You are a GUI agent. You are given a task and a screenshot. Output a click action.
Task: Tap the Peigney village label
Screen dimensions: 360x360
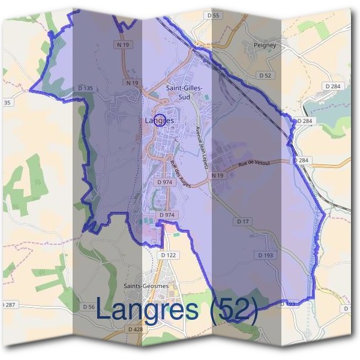265,45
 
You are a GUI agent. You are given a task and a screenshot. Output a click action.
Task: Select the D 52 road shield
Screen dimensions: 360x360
265,76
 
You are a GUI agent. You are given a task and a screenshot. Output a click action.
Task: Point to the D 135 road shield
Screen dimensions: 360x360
85,89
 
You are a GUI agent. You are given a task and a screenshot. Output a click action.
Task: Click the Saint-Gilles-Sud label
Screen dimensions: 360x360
184,91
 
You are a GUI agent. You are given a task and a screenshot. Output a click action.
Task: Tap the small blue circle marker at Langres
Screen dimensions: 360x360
160,119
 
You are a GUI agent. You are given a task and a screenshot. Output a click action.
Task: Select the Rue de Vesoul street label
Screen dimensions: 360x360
254,163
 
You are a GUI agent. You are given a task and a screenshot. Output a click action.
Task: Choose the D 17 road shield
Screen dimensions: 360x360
242,221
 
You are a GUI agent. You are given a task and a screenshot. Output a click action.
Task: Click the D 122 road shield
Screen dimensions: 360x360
169,256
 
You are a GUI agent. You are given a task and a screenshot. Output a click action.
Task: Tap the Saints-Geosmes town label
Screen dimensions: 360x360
145,286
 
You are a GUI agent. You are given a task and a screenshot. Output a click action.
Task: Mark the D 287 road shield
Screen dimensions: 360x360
8,305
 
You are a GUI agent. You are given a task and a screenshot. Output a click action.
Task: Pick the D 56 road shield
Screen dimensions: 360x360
88,307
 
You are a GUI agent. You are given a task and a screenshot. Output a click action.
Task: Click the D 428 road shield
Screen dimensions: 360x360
135,329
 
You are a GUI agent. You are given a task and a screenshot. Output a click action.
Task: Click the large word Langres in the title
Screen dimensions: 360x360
146,310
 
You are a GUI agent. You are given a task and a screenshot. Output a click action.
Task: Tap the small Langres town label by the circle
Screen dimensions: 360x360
159,121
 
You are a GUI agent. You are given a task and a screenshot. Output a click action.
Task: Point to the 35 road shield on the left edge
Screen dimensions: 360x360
7,103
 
